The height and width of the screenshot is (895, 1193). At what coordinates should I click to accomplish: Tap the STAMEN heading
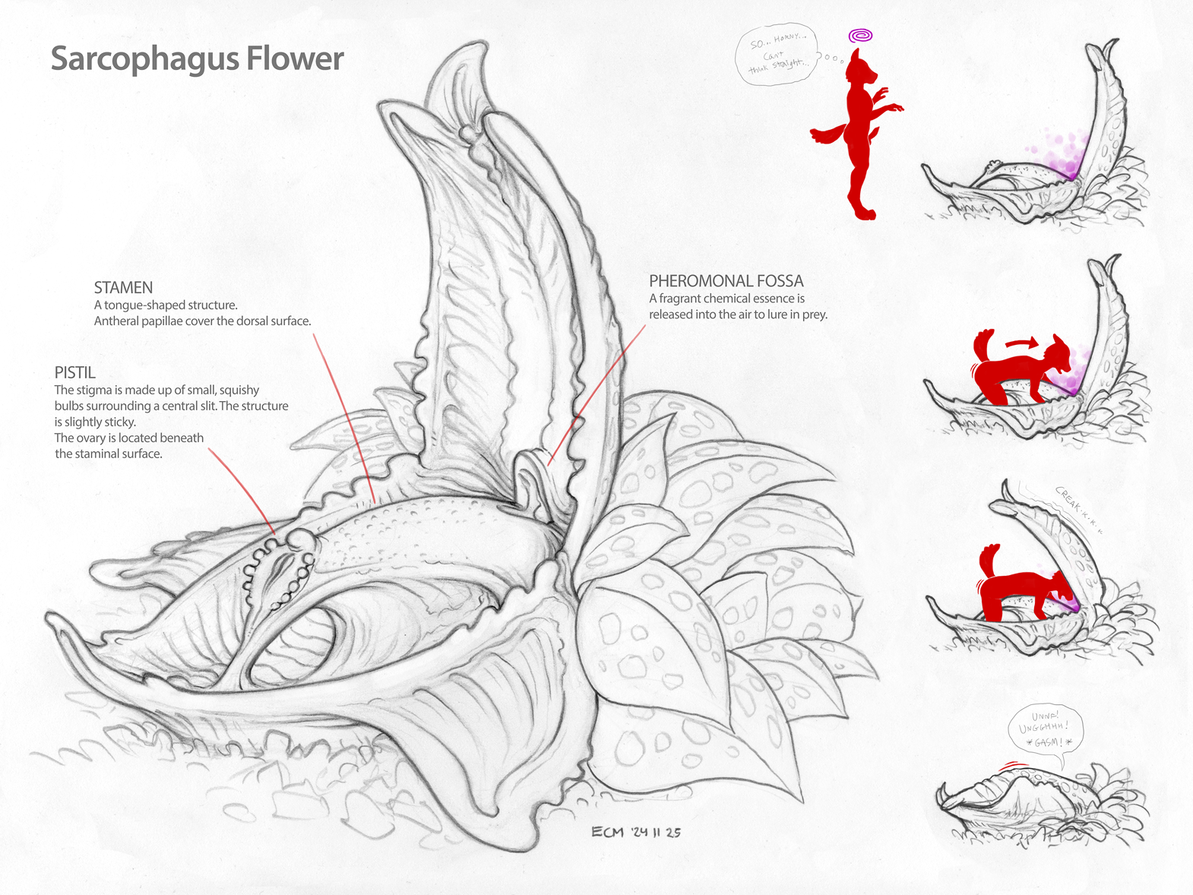123,288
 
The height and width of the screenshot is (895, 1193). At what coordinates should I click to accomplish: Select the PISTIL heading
74,373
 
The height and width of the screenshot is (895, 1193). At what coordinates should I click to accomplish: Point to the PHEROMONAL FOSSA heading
726,281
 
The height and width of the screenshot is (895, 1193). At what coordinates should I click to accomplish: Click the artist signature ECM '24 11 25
636,832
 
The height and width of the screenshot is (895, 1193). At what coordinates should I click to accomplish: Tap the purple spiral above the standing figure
860,36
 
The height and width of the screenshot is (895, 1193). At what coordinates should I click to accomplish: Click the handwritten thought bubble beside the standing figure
777,54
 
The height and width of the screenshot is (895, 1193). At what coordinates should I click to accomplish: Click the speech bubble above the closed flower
1045,730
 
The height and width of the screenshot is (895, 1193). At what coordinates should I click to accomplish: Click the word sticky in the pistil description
119,422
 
